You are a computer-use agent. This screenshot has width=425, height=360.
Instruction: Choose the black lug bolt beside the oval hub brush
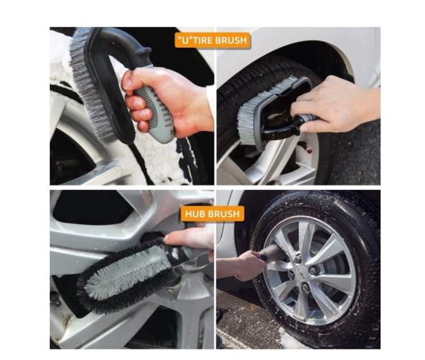pos(55,298)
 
